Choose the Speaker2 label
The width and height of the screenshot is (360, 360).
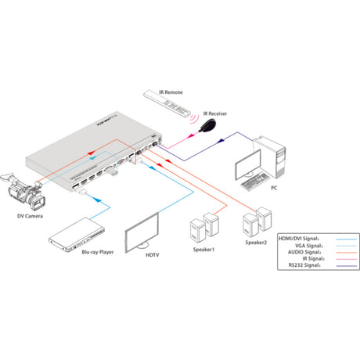pos(257,243)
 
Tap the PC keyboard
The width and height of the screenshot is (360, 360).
pos(255,183)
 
